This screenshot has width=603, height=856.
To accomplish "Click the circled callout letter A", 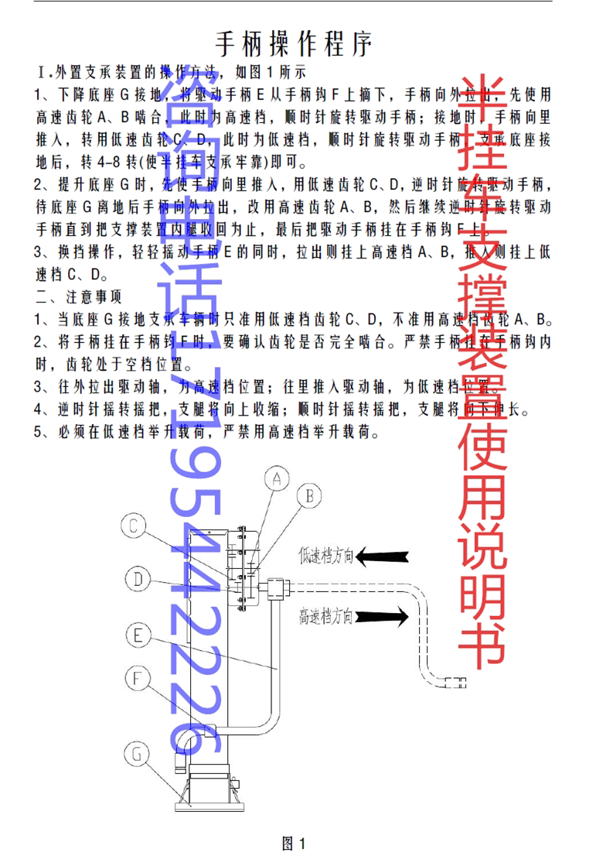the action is (x=277, y=479).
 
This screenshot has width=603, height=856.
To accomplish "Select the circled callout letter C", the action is (x=134, y=527).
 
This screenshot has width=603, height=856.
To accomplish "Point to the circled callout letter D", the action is (x=136, y=577).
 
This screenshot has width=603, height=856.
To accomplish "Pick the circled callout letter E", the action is (x=138, y=635).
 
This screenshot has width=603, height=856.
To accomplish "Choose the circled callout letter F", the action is (x=137, y=679).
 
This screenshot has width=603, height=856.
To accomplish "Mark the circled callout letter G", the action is (x=137, y=752).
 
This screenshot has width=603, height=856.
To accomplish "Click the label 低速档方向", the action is (x=327, y=555).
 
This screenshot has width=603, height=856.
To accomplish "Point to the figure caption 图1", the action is (x=296, y=843).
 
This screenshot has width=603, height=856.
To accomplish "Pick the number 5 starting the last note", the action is (x=39, y=432).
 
